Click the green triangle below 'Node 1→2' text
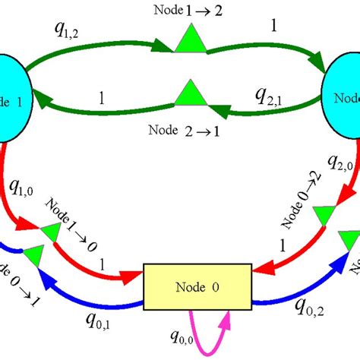186,39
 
